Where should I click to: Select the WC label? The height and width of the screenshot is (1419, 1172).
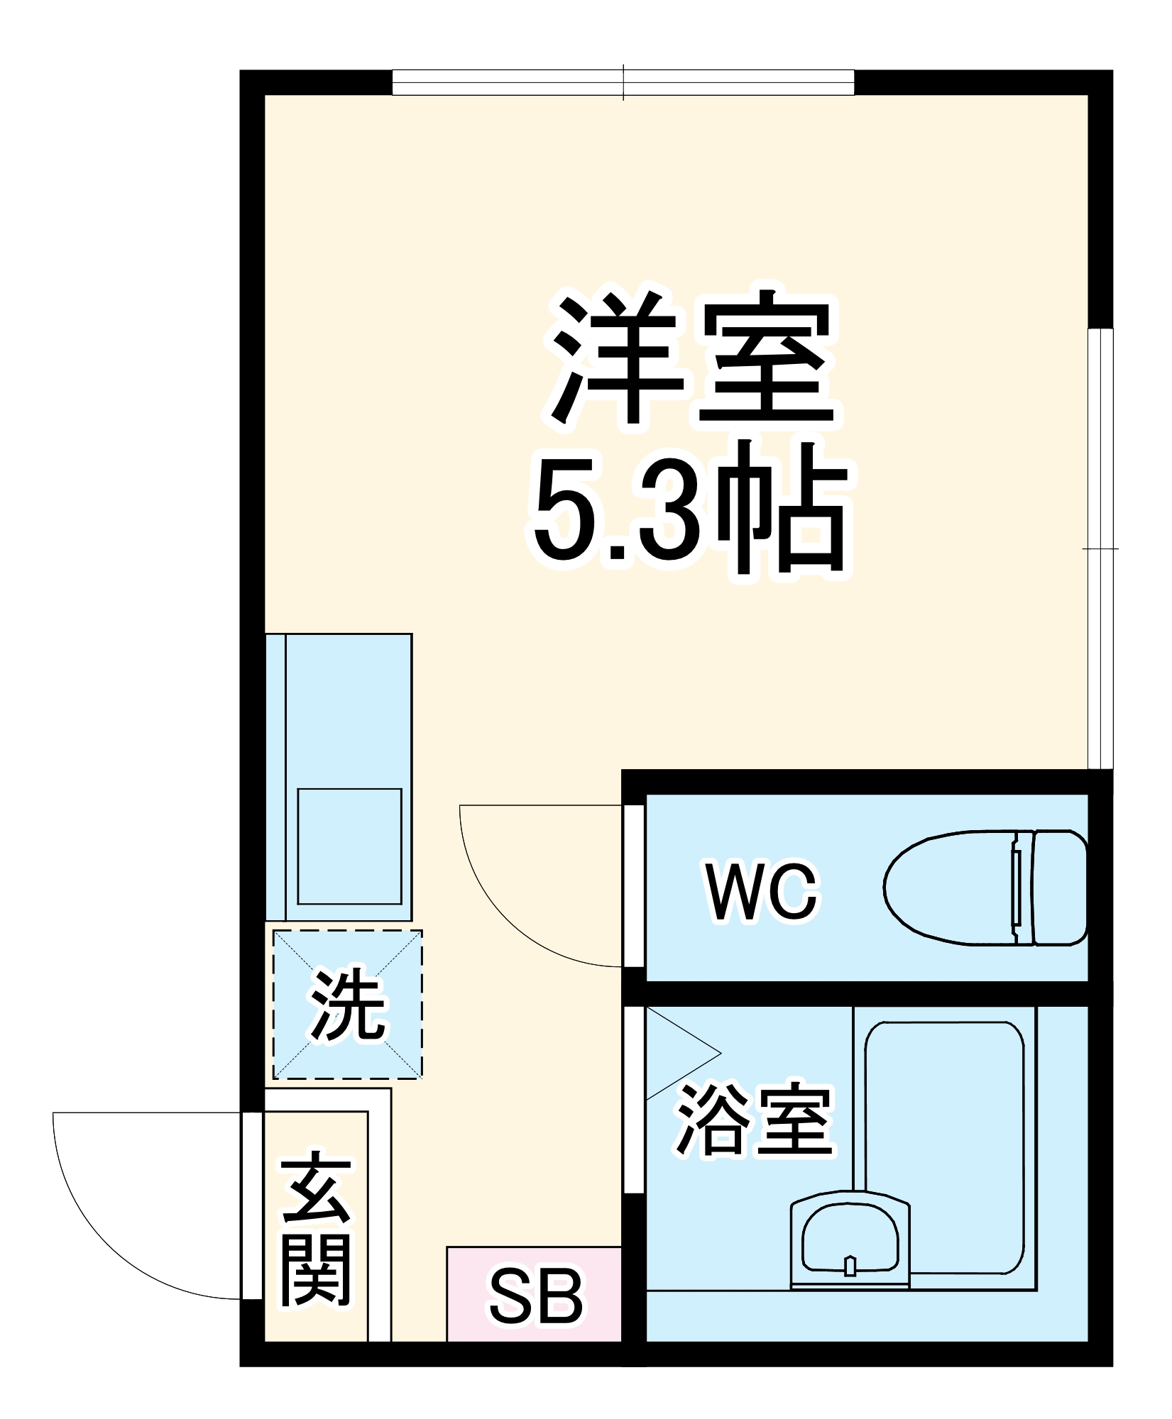[762, 893]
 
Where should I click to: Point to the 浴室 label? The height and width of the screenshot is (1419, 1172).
[754, 1121]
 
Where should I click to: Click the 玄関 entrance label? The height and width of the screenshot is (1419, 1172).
[316, 1235]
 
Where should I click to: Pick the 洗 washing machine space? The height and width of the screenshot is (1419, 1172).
[348, 1005]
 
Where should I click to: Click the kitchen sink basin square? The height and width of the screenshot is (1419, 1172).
[349, 846]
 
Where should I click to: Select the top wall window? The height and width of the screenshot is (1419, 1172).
[623, 82]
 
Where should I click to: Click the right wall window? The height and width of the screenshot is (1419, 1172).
[1100, 548]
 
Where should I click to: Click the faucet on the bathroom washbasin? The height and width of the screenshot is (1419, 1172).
[850, 1266]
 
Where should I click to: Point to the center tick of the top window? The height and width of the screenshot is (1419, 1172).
[623, 82]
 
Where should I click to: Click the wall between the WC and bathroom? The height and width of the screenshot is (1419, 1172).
[866, 995]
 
